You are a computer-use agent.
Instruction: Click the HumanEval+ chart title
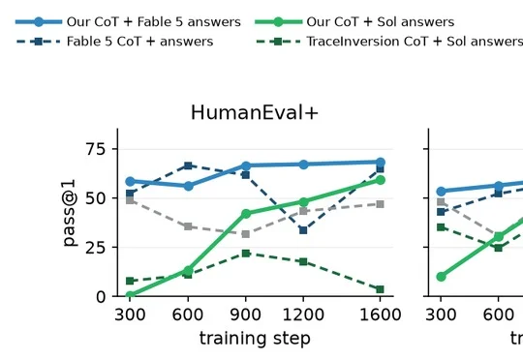(255, 112)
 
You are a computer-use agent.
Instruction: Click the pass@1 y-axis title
(69, 213)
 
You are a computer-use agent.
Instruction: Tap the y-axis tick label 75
(95, 149)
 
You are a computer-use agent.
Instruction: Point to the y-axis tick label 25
(95, 248)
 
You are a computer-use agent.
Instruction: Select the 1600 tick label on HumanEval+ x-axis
(380, 315)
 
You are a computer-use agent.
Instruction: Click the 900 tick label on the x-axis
(245, 315)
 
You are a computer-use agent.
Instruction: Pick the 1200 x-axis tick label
(303, 315)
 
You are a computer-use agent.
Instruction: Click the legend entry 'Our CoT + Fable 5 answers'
(128, 22)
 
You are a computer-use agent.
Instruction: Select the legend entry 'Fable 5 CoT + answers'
(114, 42)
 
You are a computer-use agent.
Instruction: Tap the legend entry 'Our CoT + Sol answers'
(354, 22)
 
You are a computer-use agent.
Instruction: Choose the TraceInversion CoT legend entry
(389, 42)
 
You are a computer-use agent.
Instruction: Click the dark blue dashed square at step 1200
(303, 230)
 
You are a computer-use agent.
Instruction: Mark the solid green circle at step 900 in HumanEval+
(246, 214)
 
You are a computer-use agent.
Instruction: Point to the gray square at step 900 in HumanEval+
(246, 234)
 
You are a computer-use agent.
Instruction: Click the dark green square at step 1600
(380, 289)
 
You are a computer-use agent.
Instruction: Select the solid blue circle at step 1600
(381, 163)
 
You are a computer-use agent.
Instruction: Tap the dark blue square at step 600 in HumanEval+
(188, 165)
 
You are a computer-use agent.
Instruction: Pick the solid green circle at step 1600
(381, 180)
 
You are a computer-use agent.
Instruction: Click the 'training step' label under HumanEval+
(255, 339)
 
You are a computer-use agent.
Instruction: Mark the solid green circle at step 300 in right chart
(441, 277)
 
